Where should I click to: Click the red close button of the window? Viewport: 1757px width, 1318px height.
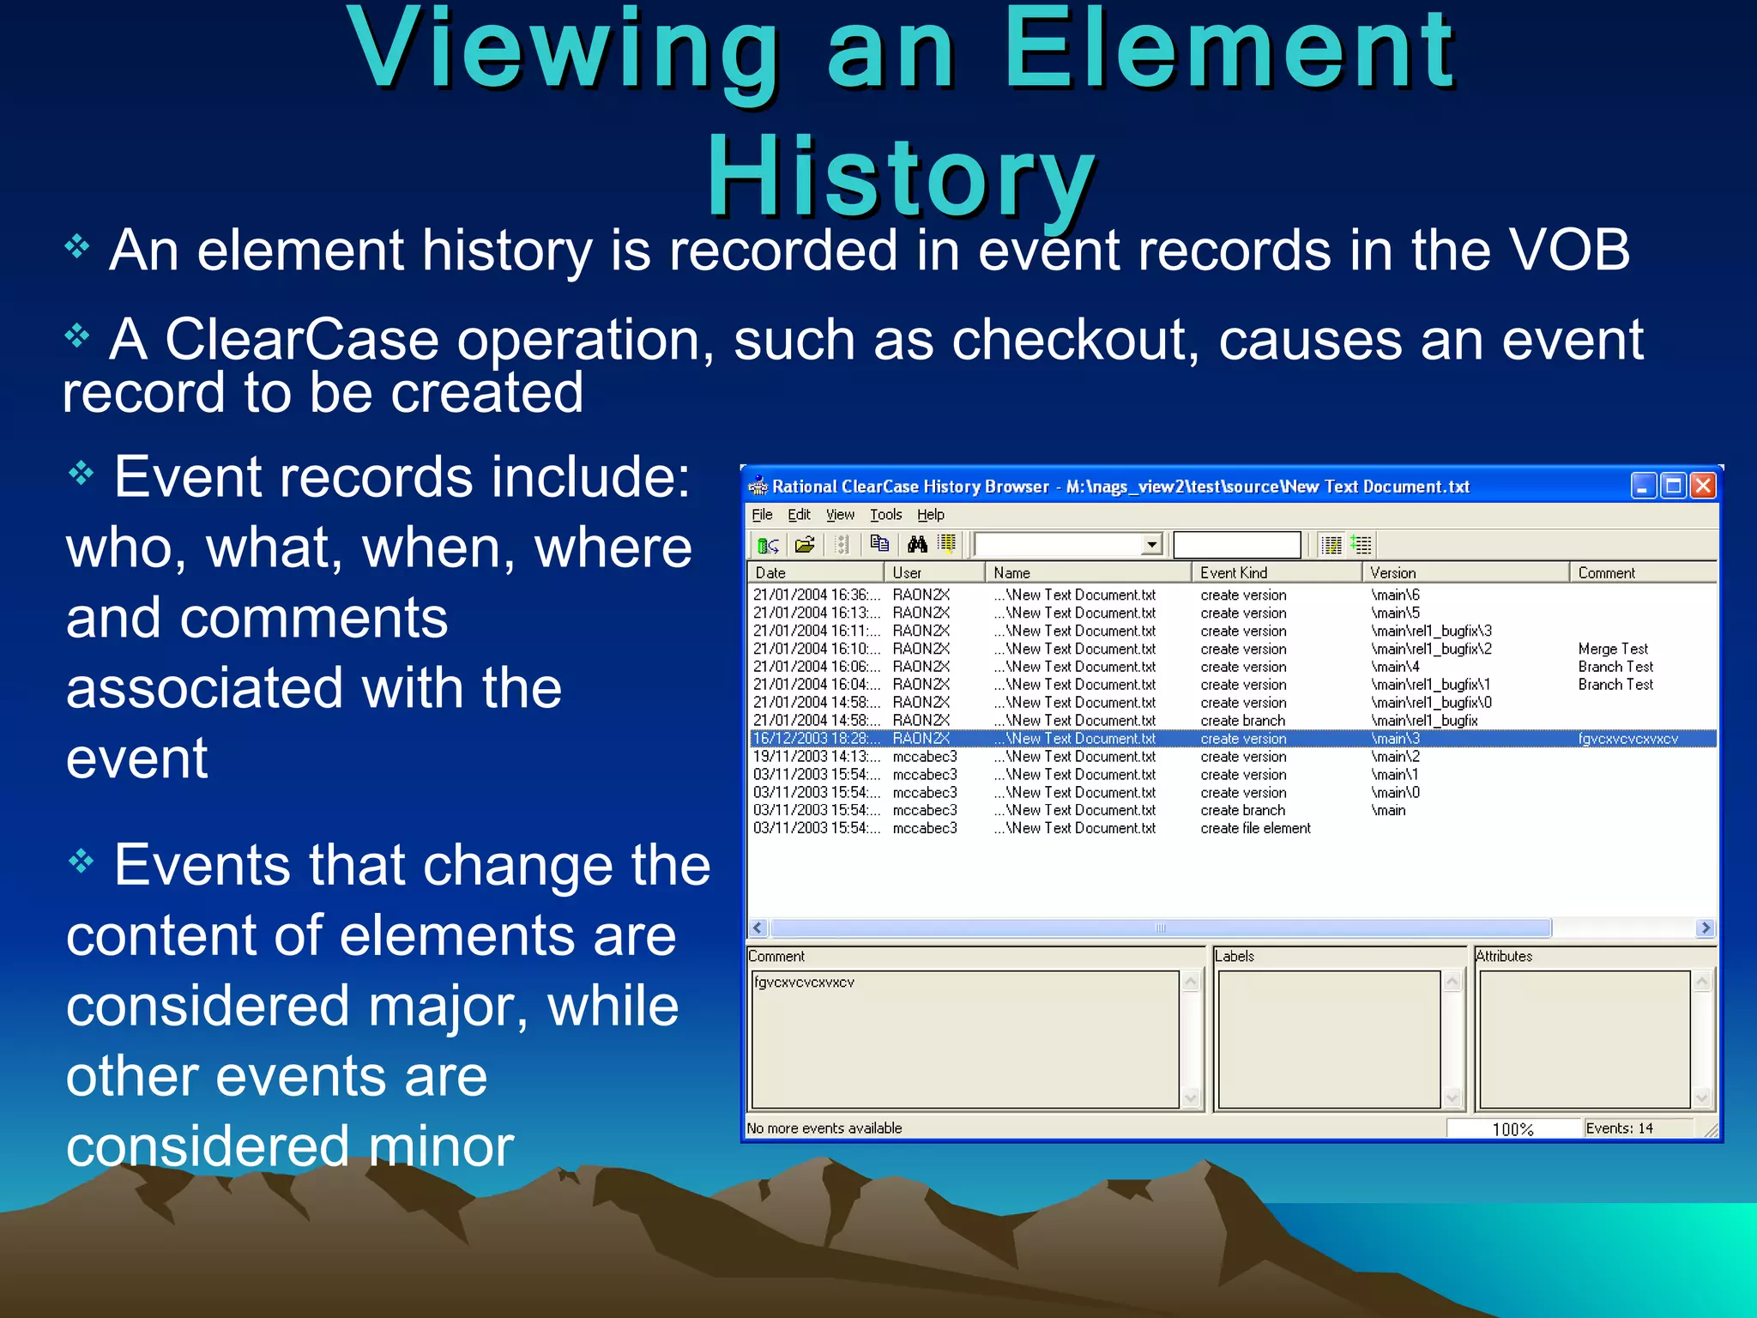(1703, 487)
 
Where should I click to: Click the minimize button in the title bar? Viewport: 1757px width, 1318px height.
(1643, 487)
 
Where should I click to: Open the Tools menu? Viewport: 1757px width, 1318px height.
(885, 515)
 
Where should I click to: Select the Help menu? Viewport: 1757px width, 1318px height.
(930, 515)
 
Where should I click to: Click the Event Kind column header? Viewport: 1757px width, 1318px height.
(1233, 572)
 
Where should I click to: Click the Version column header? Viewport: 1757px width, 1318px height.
(1392, 572)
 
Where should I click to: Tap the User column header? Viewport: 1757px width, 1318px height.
(907, 572)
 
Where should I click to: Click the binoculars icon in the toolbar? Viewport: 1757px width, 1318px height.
(917, 544)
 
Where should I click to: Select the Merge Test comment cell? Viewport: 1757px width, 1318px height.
(1612, 649)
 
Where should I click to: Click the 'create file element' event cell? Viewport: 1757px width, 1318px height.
(1255, 828)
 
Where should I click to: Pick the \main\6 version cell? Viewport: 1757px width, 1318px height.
(1395, 595)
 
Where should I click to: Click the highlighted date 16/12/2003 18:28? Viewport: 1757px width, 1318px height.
(815, 739)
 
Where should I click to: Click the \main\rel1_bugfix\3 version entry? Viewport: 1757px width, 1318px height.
(1431, 631)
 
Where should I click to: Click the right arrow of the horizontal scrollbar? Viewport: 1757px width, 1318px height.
(1706, 928)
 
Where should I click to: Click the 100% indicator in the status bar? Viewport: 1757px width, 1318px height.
(1512, 1129)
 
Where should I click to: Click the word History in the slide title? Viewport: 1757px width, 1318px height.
(901, 176)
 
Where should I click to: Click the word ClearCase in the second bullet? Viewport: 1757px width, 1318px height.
(302, 340)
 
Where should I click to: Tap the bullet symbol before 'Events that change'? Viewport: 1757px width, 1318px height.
(81, 861)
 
